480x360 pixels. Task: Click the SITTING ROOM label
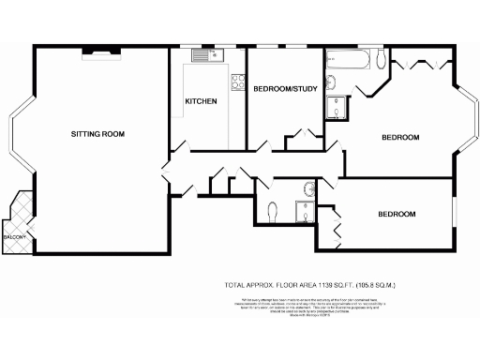(97, 134)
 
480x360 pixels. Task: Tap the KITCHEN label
(201, 101)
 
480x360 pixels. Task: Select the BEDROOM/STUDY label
(285, 89)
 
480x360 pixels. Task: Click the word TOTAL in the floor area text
(235, 283)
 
